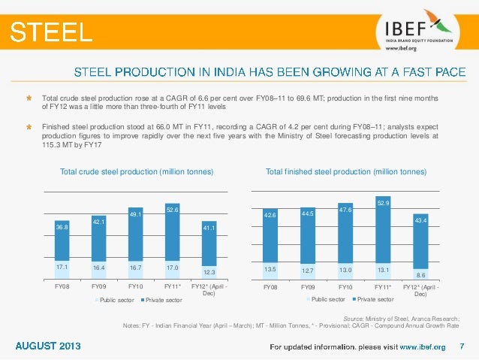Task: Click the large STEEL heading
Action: pyautogui.click(x=51, y=32)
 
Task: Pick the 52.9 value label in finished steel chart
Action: pyautogui.click(x=383, y=202)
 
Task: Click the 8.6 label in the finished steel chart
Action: pyautogui.click(x=420, y=276)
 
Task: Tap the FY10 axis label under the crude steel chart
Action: pyautogui.click(x=136, y=286)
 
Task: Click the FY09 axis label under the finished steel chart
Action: pyautogui.click(x=308, y=287)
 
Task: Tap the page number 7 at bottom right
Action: pyautogui.click(x=462, y=346)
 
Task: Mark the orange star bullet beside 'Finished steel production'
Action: pyautogui.click(x=29, y=128)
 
